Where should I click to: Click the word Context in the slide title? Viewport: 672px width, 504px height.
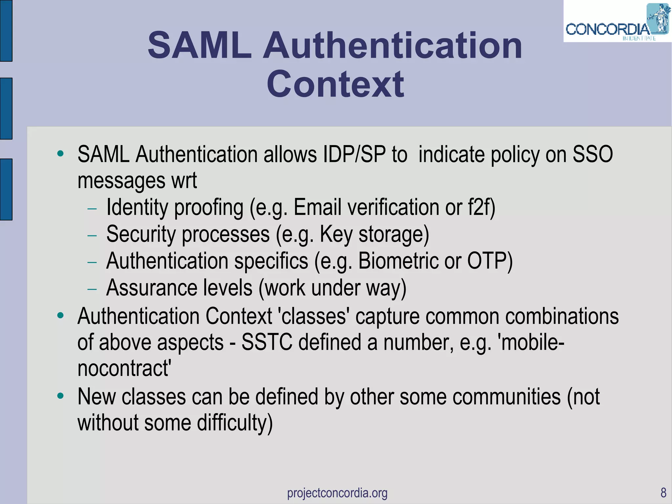click(x=335, y=84)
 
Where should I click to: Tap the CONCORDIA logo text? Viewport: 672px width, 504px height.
click(x=607, y=30)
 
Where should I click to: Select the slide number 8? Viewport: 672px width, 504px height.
click(x=663, y=493)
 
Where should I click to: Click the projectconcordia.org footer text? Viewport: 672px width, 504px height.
click(x=337, y=493)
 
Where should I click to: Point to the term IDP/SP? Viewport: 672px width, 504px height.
click(x=354, y=154)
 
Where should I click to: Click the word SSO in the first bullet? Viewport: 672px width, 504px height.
click(x=593, y=154)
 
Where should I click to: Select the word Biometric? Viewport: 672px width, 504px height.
click(x=398, y=261)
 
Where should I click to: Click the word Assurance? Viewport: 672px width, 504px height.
click(x=152, y=288)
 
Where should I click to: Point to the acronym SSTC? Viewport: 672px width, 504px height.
click(x=267, y=342)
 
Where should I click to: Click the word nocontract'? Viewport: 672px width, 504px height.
click(x=124, y=368)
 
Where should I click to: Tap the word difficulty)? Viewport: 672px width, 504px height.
click(x=235, y=423)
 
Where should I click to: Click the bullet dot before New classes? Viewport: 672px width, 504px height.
click(x=60, y=396)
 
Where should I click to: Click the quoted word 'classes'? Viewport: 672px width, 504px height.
click(x=313, y=316)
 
